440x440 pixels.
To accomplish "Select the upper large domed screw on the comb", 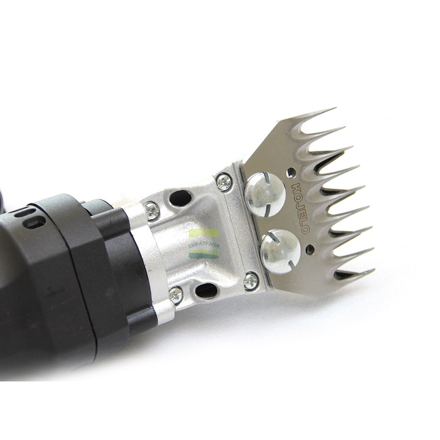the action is click(265, 194).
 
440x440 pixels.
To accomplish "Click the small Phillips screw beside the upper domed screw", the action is click(224, 182).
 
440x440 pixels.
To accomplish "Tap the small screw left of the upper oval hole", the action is click(151, 210).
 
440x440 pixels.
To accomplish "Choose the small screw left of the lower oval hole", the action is click(176, 295).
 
